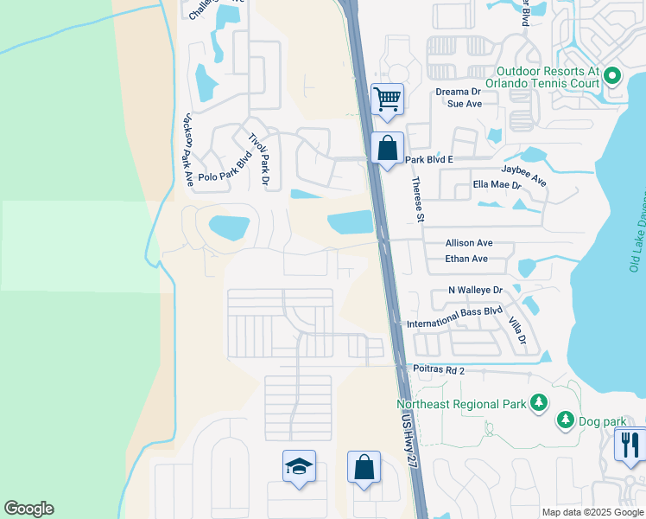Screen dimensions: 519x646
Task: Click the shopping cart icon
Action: coord(388,99)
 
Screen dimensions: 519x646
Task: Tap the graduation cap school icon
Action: coord(300,467)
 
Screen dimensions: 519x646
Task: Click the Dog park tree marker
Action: coord(566,420)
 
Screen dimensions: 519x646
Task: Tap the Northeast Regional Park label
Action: coord(460,404)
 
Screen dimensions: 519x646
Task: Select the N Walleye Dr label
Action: coord(474,291)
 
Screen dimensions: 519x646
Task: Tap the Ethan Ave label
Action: coord(466,259)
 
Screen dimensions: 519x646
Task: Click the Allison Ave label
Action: coord(468,244)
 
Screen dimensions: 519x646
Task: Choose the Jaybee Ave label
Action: coord(524,176)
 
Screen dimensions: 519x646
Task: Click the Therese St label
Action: coord(419,200)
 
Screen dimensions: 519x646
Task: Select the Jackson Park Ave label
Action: coord(187,150)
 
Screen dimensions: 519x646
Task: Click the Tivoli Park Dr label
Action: coord(259,161)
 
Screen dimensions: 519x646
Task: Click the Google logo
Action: coord(28,509)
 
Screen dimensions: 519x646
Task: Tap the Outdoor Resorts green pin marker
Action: coord(612,76)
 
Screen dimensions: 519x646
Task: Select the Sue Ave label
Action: coord(464,103)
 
